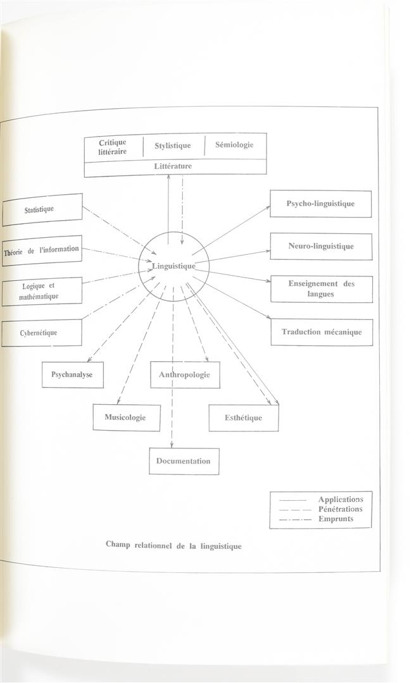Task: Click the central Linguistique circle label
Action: [x=174, y=266]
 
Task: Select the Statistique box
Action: [x=42, y=209]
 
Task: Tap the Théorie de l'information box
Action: [x=41, y=250]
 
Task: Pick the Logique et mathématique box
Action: [x=41, y=292]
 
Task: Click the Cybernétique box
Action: [x=41, y=333]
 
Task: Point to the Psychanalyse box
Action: [x=73, y=374]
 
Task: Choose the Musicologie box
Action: [x=127, y=418]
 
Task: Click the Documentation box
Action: [x=184, y=461]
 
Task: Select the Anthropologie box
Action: [x=185, y=374]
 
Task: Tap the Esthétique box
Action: [x=244, y=418]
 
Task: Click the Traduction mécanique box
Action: [x=322, y=333]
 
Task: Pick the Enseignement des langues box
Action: [x=322, y=289]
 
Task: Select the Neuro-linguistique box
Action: [x=321, y=247]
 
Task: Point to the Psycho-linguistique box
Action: [x=321, y=204]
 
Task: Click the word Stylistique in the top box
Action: [x=173, y=145]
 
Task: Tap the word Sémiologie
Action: [x=234, y=145]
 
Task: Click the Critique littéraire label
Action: [x=113, y=147]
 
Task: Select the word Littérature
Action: [x=173, y=166]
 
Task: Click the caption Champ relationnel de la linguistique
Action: [x=173, y=546]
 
